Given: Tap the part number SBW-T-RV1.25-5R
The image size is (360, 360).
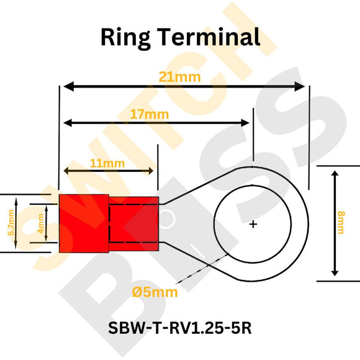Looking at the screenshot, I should (x=180, y=326).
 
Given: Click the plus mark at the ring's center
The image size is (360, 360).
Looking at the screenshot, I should (x=253, y=224).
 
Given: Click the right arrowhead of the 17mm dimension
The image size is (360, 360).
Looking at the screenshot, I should (x=248, y=123).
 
